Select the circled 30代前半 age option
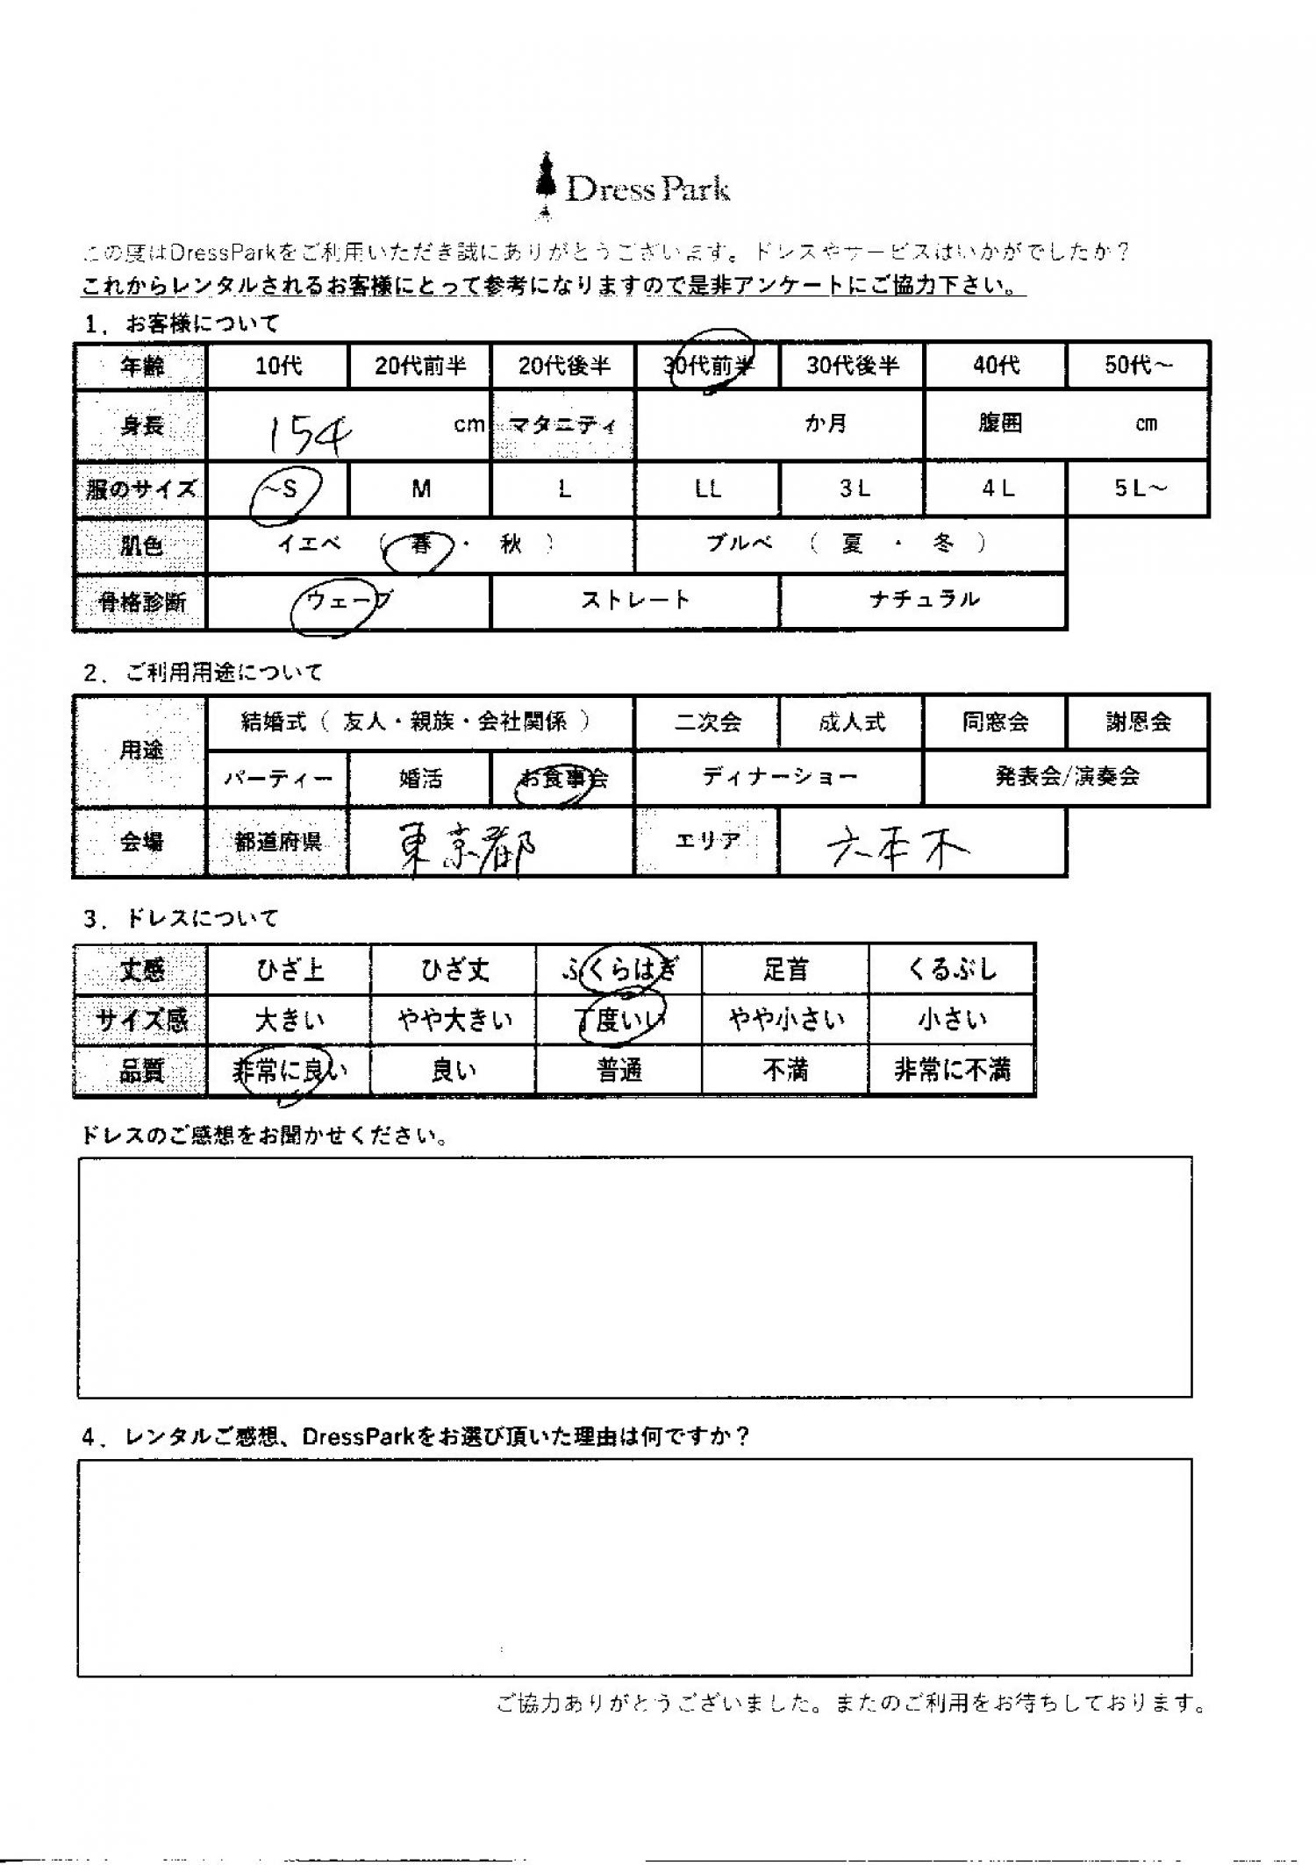coord(709,365)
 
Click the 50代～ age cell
coord(1138,365)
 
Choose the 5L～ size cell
coord(1139,489)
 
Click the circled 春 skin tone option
coord(421,545)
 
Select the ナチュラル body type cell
coord(923,601)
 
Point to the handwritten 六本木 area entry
coord(898,846)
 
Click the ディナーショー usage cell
coord(779,777)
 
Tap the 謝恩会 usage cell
coord(1138,723)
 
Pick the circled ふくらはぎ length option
coord(619,969)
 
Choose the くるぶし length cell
coord(952,969)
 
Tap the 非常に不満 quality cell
coord(952,1071)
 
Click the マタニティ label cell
coord(563,426)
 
